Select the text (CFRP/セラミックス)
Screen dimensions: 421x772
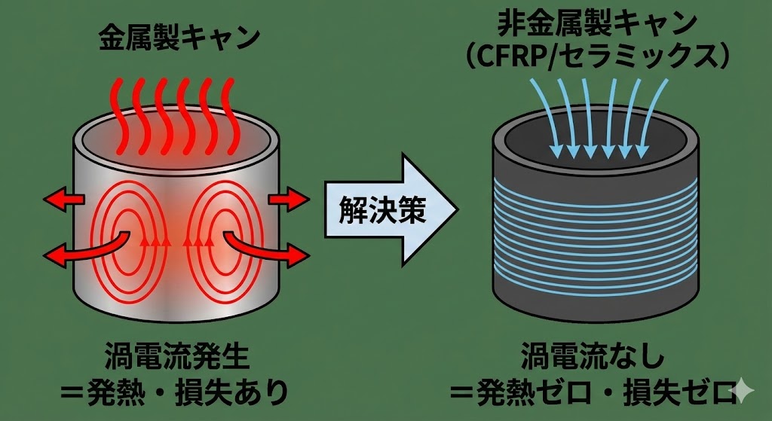coord(596,56)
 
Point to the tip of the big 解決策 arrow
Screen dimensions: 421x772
coord(457,206)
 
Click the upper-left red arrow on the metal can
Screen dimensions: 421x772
coord(63,200)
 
